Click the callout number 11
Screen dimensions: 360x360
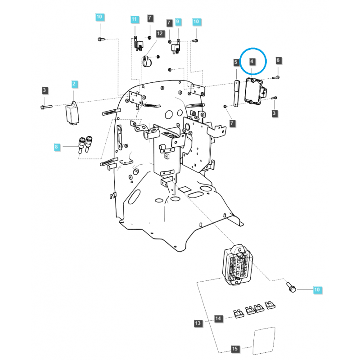pyautogui.click(x=134, y=19)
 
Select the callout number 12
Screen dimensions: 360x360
pyautogui.click(x=160, y=33)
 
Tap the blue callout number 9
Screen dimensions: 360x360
pyautogui.click(x=177, y=22)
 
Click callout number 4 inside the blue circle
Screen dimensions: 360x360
pyautogui.click(x=252, y=62)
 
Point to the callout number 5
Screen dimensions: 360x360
pyautogui.click(x=236, y=62)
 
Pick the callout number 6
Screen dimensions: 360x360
pyautogui.click(x=278, y=60)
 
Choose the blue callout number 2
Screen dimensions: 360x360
pyautogui.click(x=74, y=84)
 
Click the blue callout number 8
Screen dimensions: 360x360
pyautogui.click(x=57, y=147)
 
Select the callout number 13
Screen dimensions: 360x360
pyautogui.click(x=198, y=323)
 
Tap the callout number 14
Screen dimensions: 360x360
pyautogui.click(x=218, y=319)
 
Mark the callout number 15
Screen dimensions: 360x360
pyautogui.click(x=234, y=349)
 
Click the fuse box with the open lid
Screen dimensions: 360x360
pyautogui.click(x=237, y=265)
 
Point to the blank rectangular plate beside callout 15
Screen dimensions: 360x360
pyautogui.click(x=264, y=341)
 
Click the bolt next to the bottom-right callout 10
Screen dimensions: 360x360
pyautogui.click(x=291, y=288)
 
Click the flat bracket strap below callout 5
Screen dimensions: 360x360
pyautogui.click(x=237, y=94)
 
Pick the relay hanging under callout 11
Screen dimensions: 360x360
pyautogui.click(x=139, y=44)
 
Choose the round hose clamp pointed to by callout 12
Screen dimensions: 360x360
pyautogui.click(x=147, y=61)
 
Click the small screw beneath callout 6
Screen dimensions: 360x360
pyautogui.click(x=275, y=78)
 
